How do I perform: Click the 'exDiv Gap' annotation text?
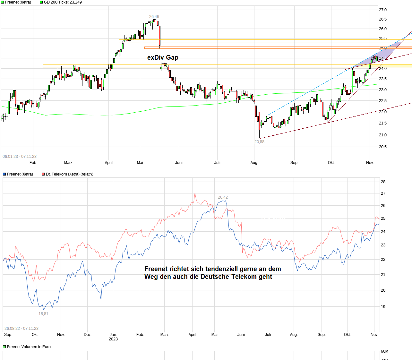pos(163,57)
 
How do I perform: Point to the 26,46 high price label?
pos(154,17)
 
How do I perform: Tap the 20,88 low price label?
pos(259,142)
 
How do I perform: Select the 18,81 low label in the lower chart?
pos(43,314)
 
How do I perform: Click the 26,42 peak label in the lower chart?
pos(223,197)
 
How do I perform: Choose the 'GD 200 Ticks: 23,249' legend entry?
pos(61,2)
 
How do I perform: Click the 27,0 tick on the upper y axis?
pos(383,10)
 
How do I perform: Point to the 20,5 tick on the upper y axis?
pos(383,147)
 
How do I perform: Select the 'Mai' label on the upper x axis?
pos(140,163)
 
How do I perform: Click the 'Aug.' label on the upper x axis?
pos(254,163)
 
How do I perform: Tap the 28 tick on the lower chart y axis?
pos(383,182)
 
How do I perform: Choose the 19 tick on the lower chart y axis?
pos(383,307)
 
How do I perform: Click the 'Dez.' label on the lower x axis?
pos(88,335)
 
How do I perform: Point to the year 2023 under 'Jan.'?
pos(113,339)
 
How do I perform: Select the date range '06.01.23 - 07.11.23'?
pos(20,157)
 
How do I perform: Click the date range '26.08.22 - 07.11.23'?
pos(21,329)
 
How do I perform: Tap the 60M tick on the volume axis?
pos(384,351)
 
